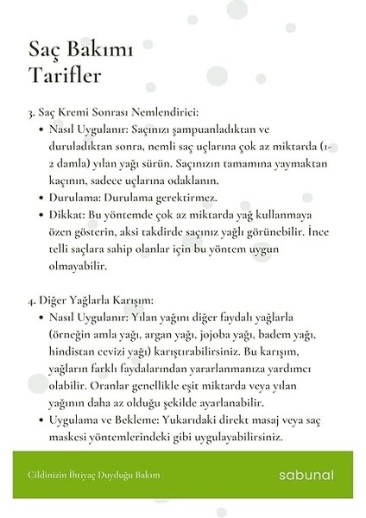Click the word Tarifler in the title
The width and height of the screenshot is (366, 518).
click(64, 76)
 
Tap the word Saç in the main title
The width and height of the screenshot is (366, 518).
click(44, 50)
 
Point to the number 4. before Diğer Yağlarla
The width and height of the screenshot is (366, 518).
click(32, 300)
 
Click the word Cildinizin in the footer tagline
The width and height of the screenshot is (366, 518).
click(45, 475)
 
